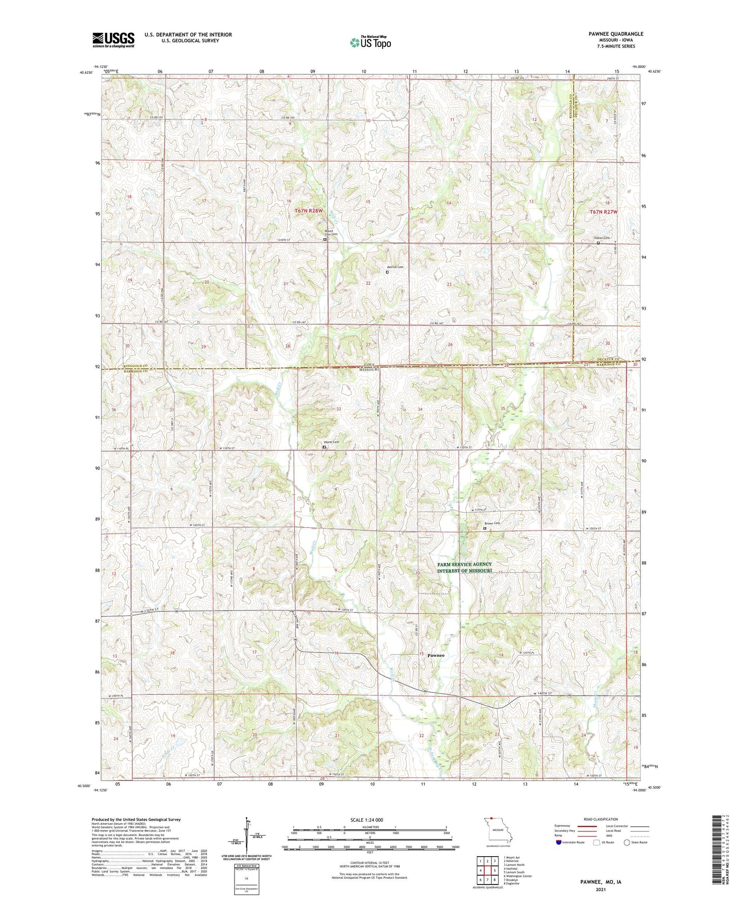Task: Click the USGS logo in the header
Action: coord(113,40)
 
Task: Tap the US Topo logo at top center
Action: coord(370,42)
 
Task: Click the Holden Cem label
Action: coord(602,238)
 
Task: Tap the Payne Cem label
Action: coord(331,442)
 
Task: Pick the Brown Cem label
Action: coord(492,524)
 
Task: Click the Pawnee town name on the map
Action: coord(436,655)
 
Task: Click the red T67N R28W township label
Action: coord(308,211)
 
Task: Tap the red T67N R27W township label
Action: coord(603,212)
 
